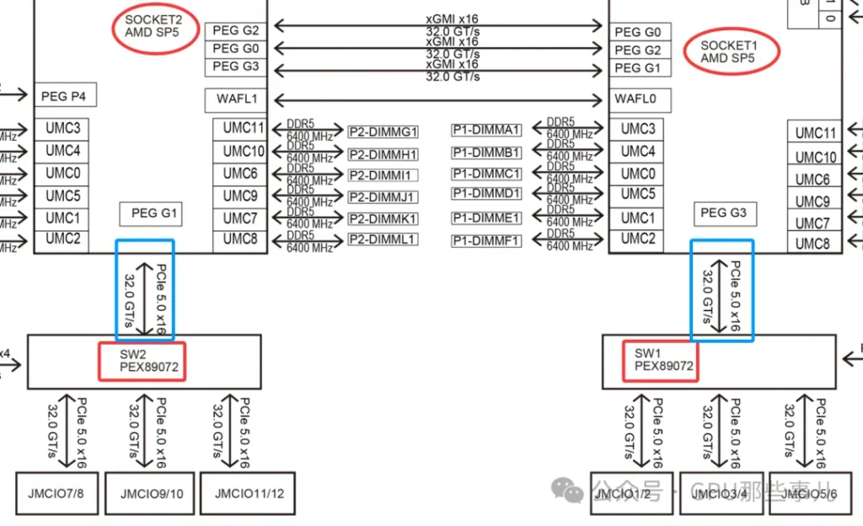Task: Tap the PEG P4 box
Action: click(64, 97)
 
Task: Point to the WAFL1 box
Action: click(236, 99)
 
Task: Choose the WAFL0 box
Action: click(642, 99)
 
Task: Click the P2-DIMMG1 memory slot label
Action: click(383, 131)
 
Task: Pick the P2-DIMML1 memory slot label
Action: click(383, 239)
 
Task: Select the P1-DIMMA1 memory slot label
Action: click(486, 130)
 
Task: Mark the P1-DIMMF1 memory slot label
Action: click(486, 241)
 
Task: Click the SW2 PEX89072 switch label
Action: click(142, 361)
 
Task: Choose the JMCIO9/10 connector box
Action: click(152, 493)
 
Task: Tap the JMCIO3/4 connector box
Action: click(721, 493)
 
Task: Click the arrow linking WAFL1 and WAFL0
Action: click(441, 99)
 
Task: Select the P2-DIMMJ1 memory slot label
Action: click(383, 197)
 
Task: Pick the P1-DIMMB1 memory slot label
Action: click(486, 153)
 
